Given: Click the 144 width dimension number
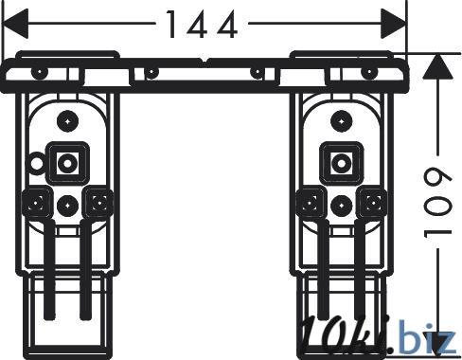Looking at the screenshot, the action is tap(202, 25).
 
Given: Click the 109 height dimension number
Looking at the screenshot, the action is tap(437, 202).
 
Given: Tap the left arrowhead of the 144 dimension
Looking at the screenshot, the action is tap(15, 24).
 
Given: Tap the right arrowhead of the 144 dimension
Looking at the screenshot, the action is tap(393, 24).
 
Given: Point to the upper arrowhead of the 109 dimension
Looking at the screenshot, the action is tap(437, 66).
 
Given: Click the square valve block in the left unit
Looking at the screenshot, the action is tap(67, 163).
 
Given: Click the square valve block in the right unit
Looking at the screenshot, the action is tap(342, 163).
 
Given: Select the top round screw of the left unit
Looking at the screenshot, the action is tap(67, 121).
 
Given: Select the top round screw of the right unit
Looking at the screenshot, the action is tap(342, 121).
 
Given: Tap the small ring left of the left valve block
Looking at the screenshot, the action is tap(37, 162).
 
